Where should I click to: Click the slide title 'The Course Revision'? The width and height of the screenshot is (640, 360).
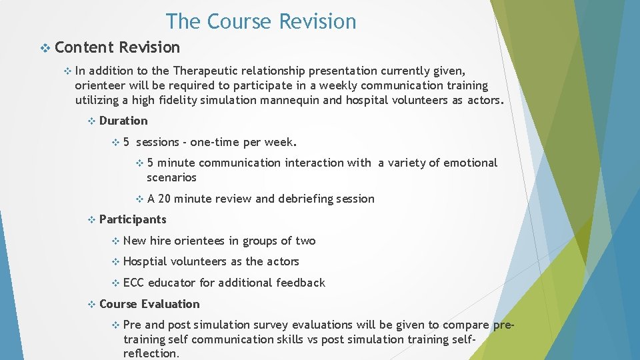(x=261, y=21)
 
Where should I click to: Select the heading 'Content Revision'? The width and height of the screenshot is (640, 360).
(x=117, y=47)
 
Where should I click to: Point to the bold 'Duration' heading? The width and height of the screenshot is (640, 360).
(x=123, y=121)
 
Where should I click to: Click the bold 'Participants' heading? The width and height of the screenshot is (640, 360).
(x=133, y=219)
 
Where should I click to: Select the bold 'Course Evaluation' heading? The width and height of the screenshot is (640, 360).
(x=149, y=304)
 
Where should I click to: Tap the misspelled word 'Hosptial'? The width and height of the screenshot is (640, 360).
(x=145, y=261)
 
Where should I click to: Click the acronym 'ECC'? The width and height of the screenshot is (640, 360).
(x=133, y=283)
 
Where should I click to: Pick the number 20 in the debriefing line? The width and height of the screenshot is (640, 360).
(x=165, y=199)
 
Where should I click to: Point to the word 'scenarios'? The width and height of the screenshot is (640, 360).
(x=171, y=177)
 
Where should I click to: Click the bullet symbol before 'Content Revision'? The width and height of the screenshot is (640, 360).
(x=45, y=48)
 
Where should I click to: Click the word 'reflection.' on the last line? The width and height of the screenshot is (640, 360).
(x=151, y=353)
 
